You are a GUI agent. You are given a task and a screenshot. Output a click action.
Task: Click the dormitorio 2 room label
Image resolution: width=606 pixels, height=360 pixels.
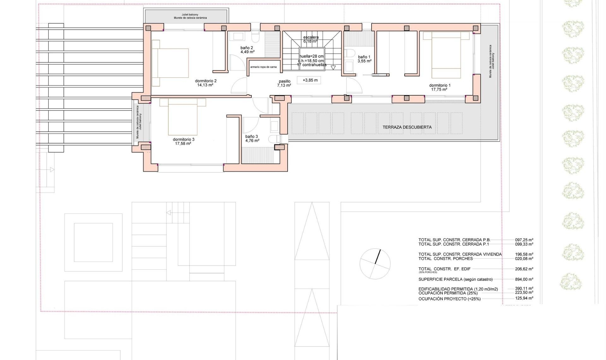point(205,81)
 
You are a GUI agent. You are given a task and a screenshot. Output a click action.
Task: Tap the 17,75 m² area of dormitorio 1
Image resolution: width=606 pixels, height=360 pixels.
point(439,90)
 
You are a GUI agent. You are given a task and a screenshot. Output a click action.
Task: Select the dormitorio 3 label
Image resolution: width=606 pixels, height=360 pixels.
point(183,139)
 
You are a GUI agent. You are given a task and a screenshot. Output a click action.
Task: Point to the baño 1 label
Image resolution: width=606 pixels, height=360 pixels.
point(364,57)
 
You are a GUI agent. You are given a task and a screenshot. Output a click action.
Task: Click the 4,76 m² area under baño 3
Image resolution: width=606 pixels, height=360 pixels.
point(252,141)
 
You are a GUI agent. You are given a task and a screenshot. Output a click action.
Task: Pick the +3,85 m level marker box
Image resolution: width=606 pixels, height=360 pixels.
point(310,80)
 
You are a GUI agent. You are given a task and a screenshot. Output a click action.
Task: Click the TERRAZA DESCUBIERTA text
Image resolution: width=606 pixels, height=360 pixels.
point(407,127)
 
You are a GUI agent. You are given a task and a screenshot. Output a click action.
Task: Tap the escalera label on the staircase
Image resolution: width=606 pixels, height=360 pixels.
point(311,37)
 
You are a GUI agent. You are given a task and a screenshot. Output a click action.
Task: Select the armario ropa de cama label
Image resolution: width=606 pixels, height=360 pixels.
point(263,67)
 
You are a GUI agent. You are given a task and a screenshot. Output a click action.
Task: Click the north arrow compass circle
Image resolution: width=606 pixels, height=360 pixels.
point(375,264)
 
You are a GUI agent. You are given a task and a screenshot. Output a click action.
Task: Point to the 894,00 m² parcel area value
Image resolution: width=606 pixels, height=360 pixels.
point(524,279)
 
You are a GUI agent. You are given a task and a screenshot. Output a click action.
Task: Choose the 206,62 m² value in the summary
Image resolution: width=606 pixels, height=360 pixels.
point(524,269)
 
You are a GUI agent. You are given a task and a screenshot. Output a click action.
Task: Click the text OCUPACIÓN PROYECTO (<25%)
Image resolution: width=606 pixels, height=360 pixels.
point(449,299)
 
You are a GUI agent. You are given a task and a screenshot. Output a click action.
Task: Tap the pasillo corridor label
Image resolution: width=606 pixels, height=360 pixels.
point(284,81)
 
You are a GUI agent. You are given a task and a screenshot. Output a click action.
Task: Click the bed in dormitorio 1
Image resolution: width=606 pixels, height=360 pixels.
point(446,55)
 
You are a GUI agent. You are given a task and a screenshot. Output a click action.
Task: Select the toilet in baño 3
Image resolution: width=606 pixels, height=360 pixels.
point(275,139)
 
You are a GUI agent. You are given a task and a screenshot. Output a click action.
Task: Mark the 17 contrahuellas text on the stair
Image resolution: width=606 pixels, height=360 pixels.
point(311,65)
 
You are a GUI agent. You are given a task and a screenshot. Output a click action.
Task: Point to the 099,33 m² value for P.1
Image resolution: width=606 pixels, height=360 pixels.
point(524,244)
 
